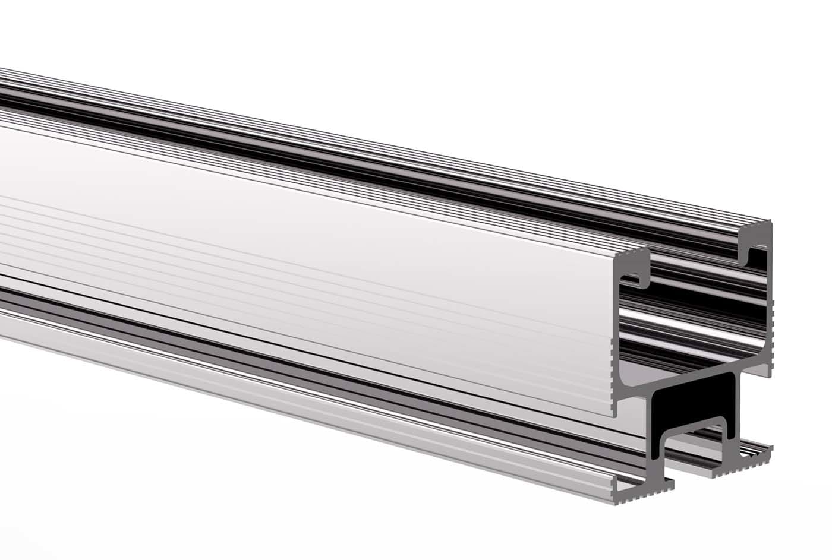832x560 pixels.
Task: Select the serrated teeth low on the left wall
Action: click(613, 380)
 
